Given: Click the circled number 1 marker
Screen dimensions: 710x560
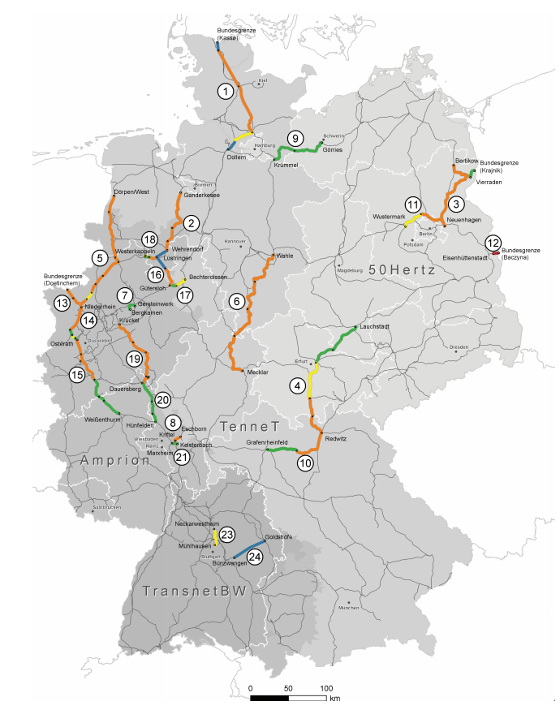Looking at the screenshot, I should [224, 91].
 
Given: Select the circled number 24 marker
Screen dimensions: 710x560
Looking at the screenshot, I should [255, 557].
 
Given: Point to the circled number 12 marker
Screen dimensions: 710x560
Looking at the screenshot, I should [492, 242].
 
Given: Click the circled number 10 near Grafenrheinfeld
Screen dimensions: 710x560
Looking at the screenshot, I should [305, 463].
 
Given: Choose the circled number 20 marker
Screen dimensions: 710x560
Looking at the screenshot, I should [162, 399].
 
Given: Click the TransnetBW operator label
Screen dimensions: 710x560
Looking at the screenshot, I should [194, 592].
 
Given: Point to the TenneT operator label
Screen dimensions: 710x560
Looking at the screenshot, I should [246, 426].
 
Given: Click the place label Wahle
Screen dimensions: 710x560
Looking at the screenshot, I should [285, 256].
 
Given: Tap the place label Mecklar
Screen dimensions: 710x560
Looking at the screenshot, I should [257, 372].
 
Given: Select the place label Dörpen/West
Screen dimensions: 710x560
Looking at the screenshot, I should [131, 191].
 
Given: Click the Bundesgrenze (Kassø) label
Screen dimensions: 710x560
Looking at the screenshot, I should [230, 34].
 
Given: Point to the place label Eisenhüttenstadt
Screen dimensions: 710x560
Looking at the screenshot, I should [463, 257].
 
